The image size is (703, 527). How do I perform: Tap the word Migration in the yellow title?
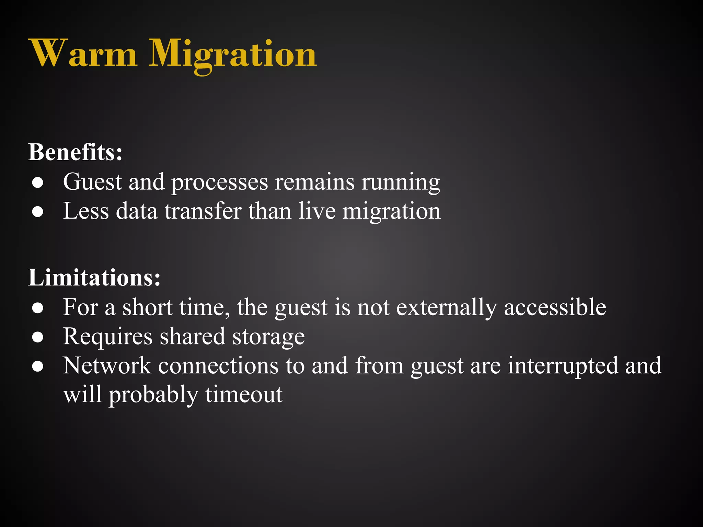coord(232,55)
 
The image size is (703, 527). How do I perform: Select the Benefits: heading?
coord(75,152)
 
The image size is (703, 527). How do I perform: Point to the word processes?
coord(219,182)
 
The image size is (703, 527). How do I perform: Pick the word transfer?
coord(203,211)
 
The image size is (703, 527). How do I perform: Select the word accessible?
coord(555,307)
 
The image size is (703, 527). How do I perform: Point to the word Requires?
coord(108,337)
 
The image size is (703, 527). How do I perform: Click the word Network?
coord(107,366)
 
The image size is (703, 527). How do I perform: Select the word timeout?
coord(244,395)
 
